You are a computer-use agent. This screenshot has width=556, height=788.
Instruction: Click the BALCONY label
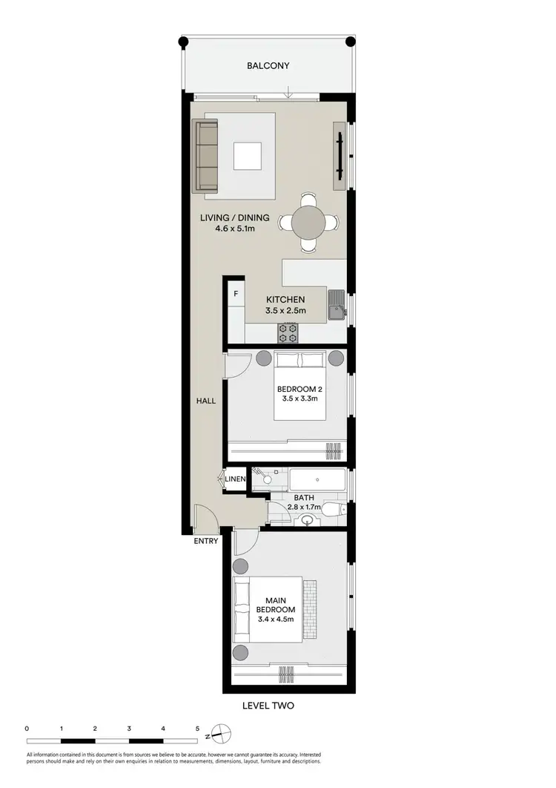click(x=268, y=66)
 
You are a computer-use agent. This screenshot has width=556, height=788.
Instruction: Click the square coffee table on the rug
click(x=248, y=157)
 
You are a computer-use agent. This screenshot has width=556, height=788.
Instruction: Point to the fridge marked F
click(x=236, y=294)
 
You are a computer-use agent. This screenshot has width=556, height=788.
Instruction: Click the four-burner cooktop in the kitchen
click(x=288, y=333)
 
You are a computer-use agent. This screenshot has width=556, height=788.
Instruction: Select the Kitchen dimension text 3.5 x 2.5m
click(x=285, y=311)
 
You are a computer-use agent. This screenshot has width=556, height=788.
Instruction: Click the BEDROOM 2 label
click(x=299, y=389)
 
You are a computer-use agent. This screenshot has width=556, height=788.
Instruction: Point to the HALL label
click(x=206, y=401)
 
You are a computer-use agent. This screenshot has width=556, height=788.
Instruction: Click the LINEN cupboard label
click(x=235, y=480)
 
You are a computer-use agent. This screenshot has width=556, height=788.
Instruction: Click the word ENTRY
click(x=206, y=541)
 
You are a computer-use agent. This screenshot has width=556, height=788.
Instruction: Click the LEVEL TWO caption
click(x=268, y=706)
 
